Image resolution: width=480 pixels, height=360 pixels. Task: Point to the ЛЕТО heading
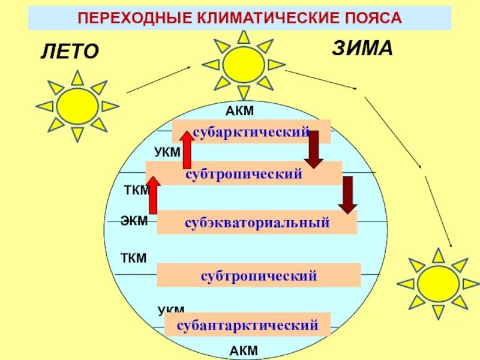click(69, 52)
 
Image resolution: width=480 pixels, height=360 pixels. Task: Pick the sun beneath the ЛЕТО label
click(77, 106)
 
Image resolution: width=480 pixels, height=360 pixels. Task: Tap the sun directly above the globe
click(244, 64)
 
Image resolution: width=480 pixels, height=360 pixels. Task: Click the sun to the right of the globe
click(438, 283)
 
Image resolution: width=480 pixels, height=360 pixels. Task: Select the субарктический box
click(251, 131)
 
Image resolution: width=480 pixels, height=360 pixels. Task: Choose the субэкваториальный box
click(257, 223)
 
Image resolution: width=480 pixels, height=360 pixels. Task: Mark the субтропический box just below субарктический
click(244, 173)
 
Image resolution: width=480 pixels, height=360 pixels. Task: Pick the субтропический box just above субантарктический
click(259, 276)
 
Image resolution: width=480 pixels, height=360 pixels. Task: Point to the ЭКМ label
click(134, 221)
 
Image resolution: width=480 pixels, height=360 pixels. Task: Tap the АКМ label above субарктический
click(240, 111)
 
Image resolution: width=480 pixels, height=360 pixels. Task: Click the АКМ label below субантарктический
click(244, 350)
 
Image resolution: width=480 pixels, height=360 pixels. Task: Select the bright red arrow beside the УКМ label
click(187, 149)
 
